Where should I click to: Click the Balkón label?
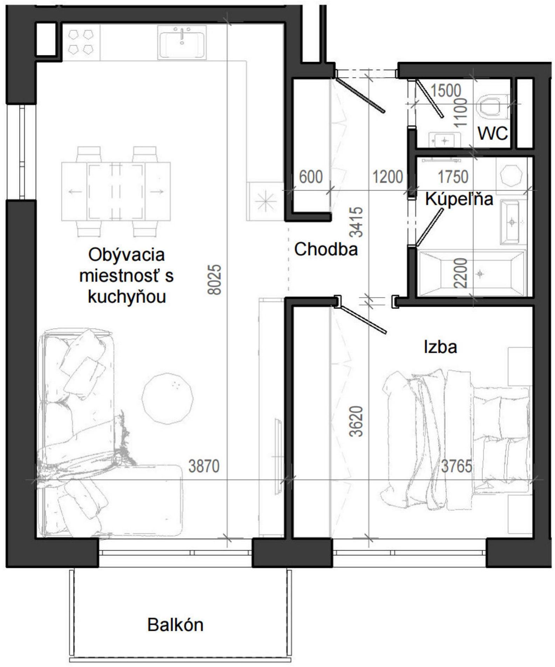tap(175, 625)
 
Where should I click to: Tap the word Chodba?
tap(326, 249)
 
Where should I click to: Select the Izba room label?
tap(440, 347)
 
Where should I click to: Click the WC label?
tap(493, 133)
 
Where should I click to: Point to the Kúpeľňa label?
tap(459, 199)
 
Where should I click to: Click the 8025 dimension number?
tap(215, 280)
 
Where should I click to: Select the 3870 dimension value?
tap(204, 466)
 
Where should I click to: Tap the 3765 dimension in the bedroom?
tap(456, 466)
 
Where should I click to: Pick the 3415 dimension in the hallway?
tap(357, 222)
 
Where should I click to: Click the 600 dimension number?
tap(311, 177)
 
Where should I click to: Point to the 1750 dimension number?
tap(453, 177)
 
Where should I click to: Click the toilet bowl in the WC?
tap(492, 105)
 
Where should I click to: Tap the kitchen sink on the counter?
tap(181, 42)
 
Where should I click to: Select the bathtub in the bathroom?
tap(472, 273)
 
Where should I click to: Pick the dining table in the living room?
tap(116, 192)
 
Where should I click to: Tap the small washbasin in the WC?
tap(444, 140)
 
